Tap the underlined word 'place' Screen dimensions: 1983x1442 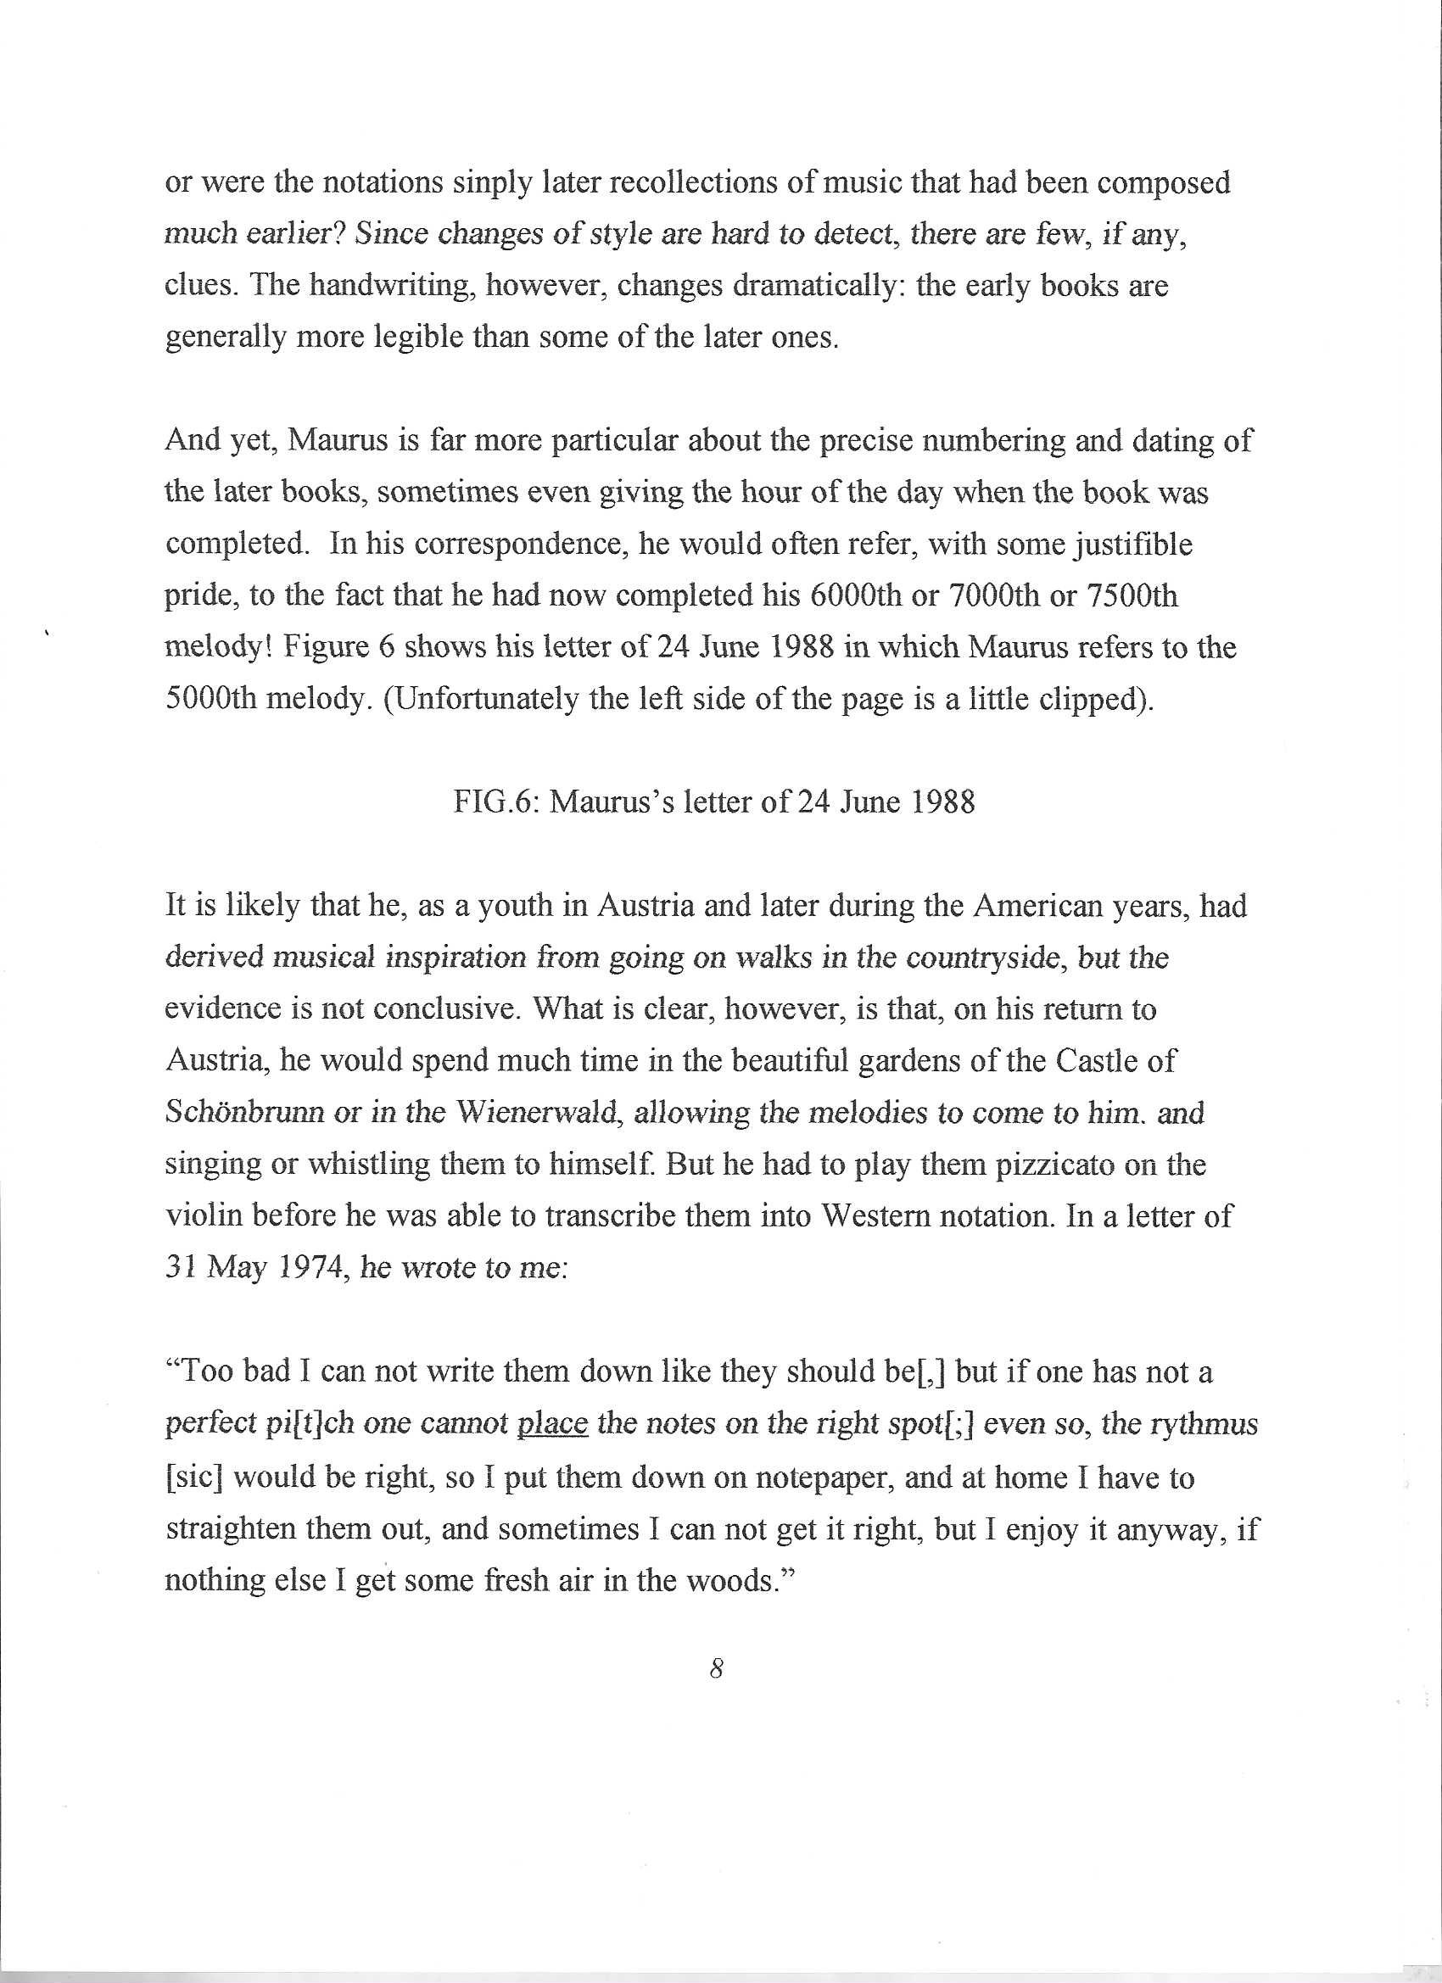(552, 1425)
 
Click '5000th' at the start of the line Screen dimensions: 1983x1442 (210, 701)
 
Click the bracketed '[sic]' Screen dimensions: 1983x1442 (196, 1477)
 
